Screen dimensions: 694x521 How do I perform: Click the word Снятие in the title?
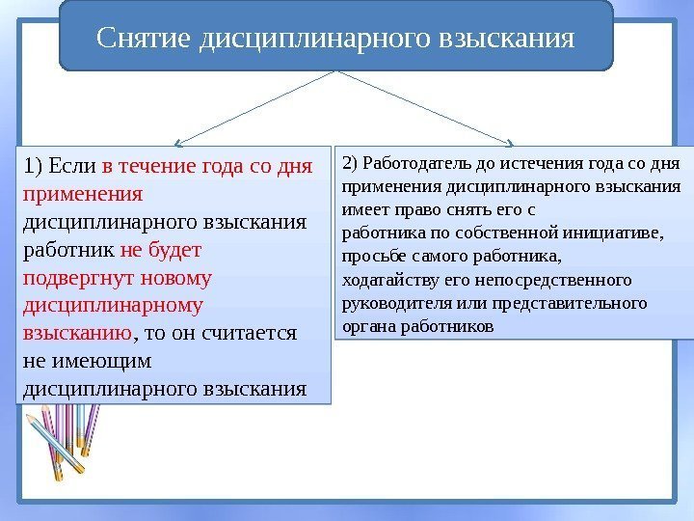coord(147,40)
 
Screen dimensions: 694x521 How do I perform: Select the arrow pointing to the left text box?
coord(254,106)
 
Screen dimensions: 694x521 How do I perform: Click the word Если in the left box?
coord(70,167)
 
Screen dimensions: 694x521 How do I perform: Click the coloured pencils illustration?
coord(63,439)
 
